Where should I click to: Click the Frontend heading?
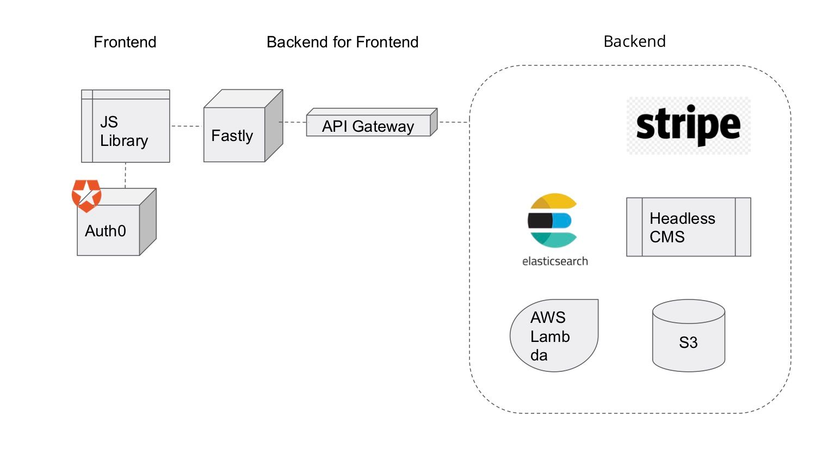tap(125, 42)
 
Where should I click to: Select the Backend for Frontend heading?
tap(342, 42)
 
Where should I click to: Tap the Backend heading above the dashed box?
tap(634, 41)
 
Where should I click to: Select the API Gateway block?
tap(368, 126)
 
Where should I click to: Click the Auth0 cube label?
tap(106, 231)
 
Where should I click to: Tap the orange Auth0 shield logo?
tap(86, 195)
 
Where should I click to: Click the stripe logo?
tap(688, 125)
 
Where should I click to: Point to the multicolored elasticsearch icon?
tap(553, 221)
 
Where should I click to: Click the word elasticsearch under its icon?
tap(555, 261)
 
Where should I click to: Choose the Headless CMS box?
tap(688, 227)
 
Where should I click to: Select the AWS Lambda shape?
tap(553, 335)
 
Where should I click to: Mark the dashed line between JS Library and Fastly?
tap(187, 126)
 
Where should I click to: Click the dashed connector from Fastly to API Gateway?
tap(294, 122)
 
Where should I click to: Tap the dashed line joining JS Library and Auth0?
tap(125, 175)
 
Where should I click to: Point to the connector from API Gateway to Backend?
tap(454, 122)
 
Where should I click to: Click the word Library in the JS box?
tap(124, 140)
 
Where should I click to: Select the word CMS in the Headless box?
tap(667, 237)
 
